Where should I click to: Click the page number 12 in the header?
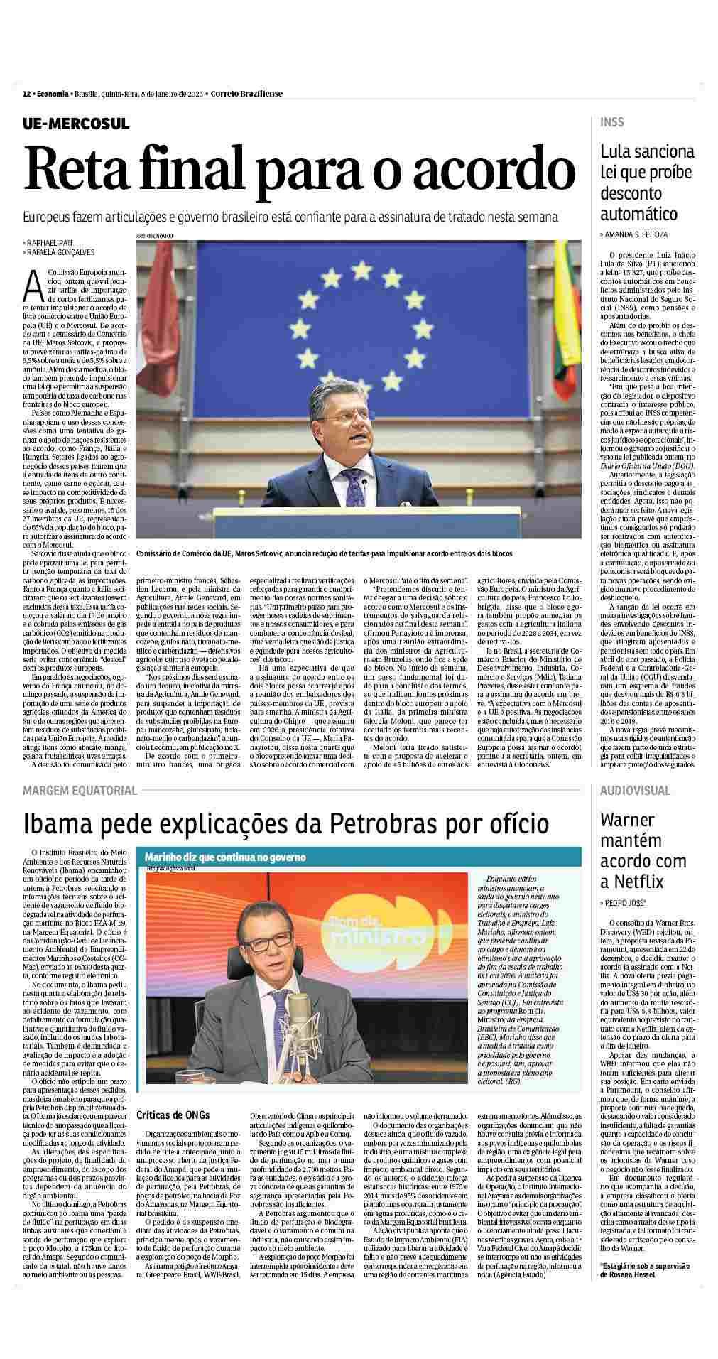(26, 93)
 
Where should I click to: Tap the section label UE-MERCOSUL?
(75, 123)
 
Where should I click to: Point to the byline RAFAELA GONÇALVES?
(60, 252)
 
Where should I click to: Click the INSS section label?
(612, 122)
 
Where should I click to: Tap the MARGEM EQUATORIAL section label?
(80, 790)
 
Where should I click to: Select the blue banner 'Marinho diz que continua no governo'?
(225, 857)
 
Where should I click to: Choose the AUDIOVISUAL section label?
(635, 790)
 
